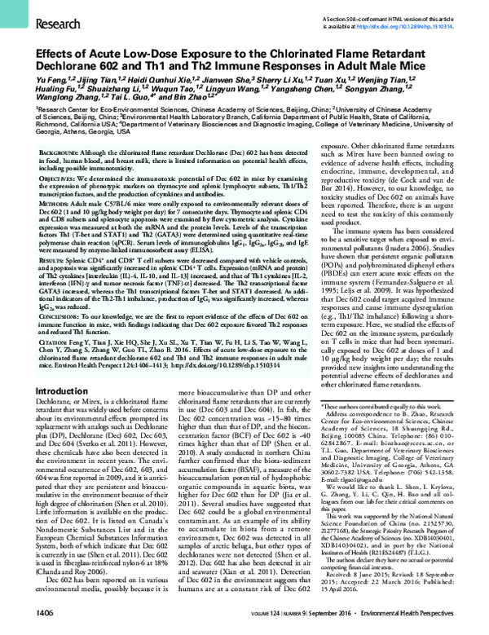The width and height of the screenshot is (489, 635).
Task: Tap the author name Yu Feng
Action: pyautogui.click(x=32, y=82)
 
